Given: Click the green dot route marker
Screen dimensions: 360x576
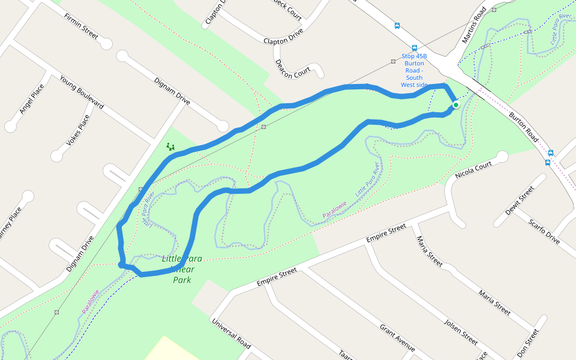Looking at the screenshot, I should pyautogui.click(x=456, y=105).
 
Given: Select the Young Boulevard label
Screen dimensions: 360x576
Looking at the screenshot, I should pyautogui.click(x=81, y=93).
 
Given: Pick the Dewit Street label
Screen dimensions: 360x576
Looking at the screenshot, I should pyautogui.click(x=520, y=200).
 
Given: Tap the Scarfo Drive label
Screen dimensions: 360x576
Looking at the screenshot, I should pyautogui.click(x=544, y=232).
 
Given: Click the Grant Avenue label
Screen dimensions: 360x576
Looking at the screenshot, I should pyautogui.click(x=397, y=338).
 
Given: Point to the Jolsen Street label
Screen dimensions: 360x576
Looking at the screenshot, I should pyautogui.click(x=460, y=332).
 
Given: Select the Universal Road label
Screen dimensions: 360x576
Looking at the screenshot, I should pyautogui.click(x=231, y=333).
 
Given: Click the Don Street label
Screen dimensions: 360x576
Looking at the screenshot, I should pyautogui.click(x=527, y=343).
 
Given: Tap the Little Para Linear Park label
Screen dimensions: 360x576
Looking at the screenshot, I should pyautogui.click(x=182, y=269).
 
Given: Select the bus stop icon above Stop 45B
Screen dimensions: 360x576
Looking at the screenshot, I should pyautogui.click(x=414, y=48).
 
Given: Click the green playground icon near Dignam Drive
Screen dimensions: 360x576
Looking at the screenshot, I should pyautogui.click(x=170, y=146).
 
